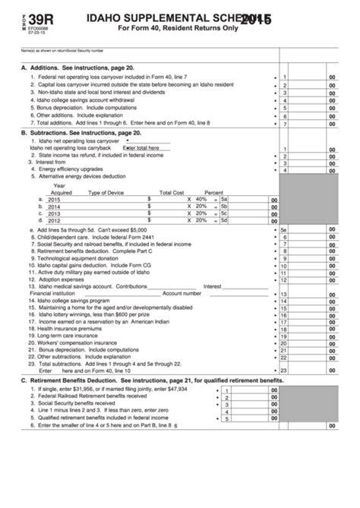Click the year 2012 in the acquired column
(54, 221)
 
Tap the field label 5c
(223, 213)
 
